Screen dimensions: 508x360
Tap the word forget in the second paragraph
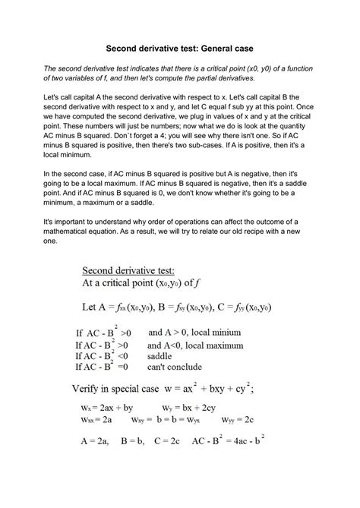coord(136,152)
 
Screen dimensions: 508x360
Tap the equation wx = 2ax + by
coord(106,407)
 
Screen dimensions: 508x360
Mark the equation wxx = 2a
coord(96,419)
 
